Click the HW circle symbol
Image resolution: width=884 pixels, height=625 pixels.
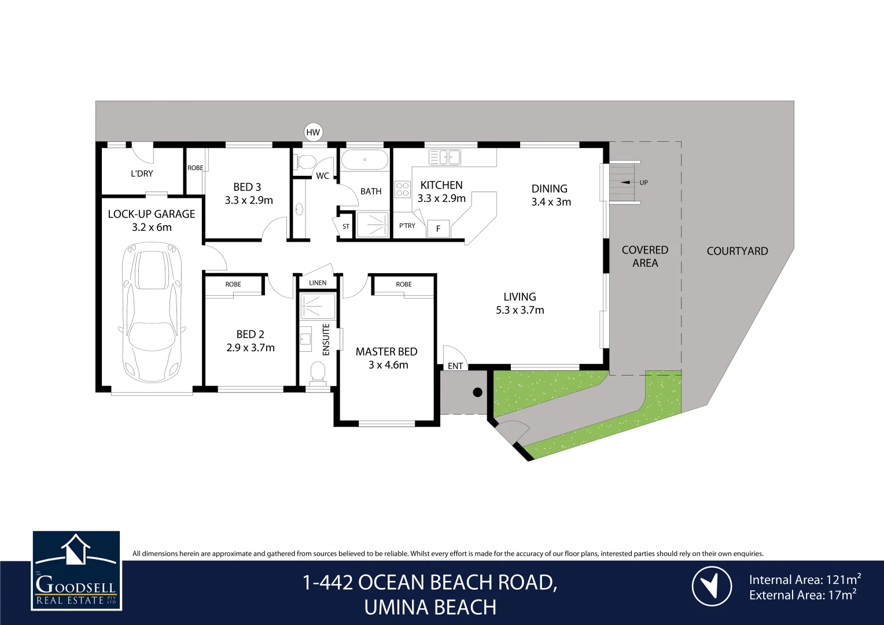pos(313,133)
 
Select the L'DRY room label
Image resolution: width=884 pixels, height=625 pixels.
pos(142,174)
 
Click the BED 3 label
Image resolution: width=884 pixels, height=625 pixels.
pos(247,187)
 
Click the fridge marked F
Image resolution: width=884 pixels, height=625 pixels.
pos(438,229)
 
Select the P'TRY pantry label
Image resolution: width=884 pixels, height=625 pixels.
pos(407,226)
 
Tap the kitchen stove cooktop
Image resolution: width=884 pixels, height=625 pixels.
pos(403,189)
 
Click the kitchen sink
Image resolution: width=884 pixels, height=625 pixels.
pos(445,157)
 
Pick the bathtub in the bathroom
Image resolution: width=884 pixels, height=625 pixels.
pos(364,159)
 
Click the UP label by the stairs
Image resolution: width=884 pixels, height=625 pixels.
pos(643,182)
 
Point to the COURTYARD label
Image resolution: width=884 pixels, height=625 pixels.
pos(737,251)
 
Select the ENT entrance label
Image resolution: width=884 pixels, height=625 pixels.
pos(455,366)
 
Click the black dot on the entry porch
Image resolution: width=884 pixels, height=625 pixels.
pos(477,392)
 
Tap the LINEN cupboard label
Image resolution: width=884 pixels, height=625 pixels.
pos(318,283)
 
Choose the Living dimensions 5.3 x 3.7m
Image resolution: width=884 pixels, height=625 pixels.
pos(520,310)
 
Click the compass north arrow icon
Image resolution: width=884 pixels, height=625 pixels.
pos(712,586)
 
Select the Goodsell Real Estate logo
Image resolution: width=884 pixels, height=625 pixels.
pos(76,571)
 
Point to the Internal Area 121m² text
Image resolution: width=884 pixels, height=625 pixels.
pos(804,579)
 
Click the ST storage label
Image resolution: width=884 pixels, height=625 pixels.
pos(346,226)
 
